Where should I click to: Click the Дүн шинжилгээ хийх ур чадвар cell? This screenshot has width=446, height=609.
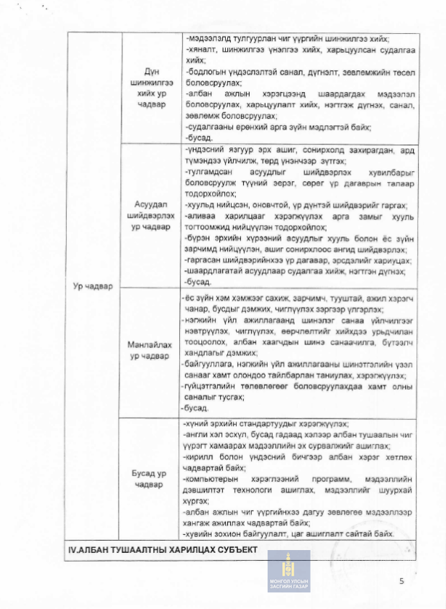(x=150, y=88)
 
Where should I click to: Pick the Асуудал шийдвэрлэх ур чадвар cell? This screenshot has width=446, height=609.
(x=150, y=215)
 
